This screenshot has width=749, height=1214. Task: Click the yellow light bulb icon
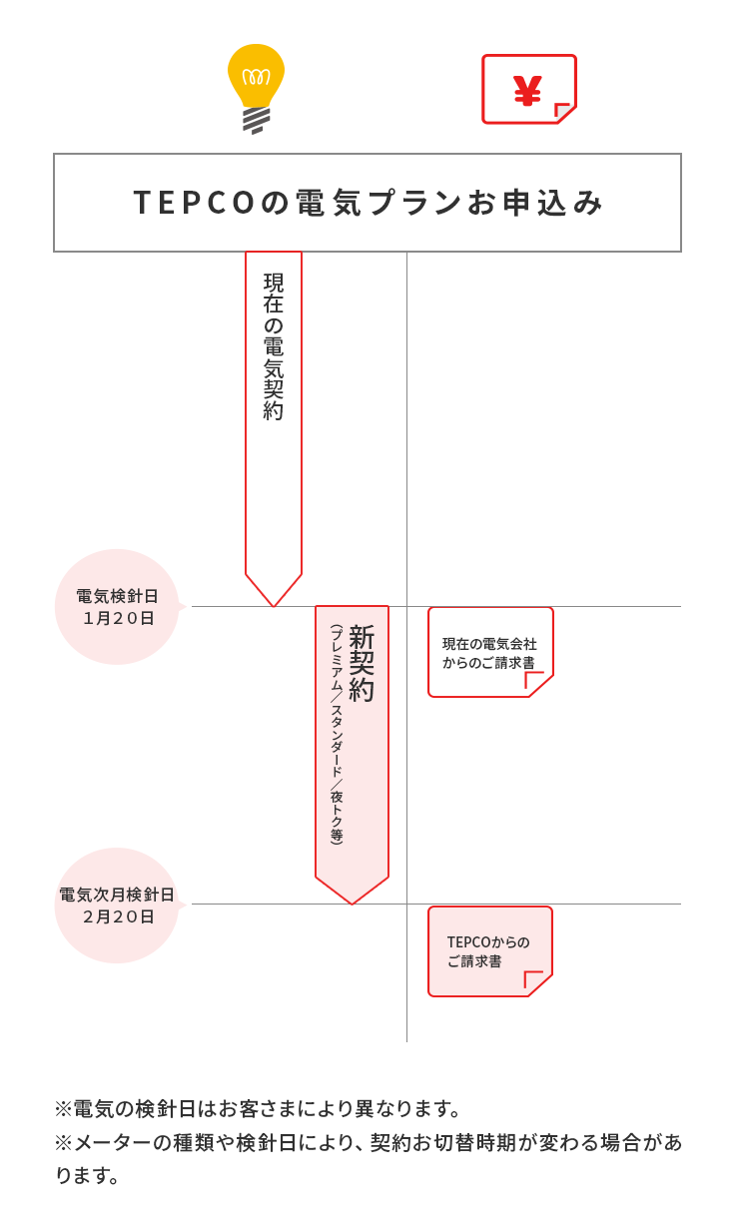coord(256,89)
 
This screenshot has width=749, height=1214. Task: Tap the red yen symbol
coord(527,91)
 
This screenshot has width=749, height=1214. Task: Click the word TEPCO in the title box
coord(194,203)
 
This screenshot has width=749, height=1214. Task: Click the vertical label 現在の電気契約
coord(274,346)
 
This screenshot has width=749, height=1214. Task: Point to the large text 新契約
coord(362,663)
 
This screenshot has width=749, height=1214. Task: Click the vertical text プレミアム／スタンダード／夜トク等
coord(337,735)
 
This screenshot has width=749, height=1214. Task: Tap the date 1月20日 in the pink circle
coord(119,618)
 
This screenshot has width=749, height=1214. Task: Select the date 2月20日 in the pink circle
coord(119,917)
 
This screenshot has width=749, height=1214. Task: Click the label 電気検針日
coord(117,596)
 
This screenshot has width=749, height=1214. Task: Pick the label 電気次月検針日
coord(117,895)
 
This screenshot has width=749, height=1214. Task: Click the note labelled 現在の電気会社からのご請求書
coord(490,653)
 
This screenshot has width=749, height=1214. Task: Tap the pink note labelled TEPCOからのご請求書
coord(490,951)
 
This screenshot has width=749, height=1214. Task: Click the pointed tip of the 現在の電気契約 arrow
coord(274,606)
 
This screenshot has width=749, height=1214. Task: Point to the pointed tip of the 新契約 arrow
coord(352,904)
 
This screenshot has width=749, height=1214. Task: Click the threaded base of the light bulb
coord(256,121)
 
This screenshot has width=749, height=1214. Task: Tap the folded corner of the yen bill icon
coord(563,111)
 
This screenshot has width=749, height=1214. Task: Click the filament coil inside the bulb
coord(256,78)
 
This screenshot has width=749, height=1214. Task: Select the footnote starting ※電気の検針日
coord(258,1109)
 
